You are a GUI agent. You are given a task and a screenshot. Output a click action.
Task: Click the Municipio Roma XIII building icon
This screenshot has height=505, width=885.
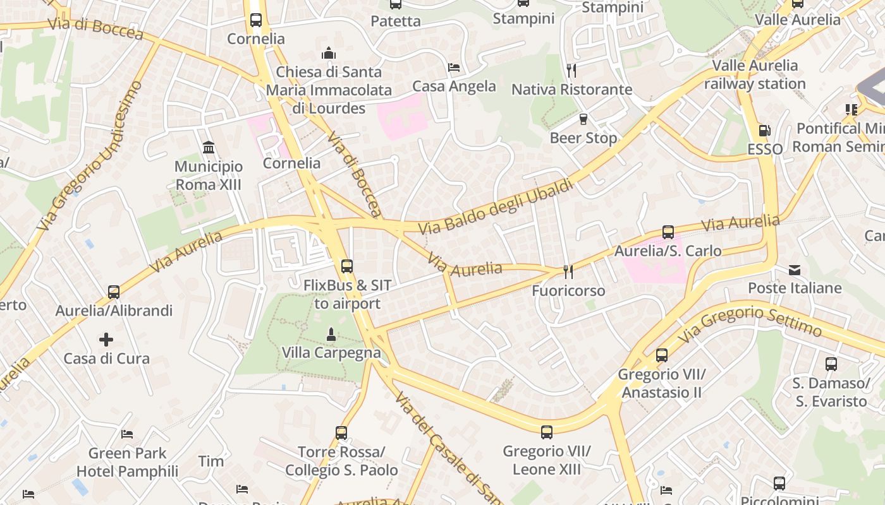coord(208,148)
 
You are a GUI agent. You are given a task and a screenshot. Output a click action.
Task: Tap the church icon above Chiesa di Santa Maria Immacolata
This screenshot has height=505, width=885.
coord(329,53)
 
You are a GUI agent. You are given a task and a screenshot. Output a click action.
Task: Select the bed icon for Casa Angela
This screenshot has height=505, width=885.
coord(454,67)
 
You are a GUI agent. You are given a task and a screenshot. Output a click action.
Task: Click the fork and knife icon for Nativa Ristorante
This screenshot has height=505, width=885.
coord(571,70)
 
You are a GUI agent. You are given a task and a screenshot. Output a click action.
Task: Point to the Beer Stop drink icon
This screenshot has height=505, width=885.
coord(583,119)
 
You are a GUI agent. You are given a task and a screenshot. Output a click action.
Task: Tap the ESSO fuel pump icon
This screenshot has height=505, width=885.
coord(764,131)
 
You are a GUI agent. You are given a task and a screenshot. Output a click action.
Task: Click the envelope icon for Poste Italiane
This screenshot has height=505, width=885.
coord(795,270)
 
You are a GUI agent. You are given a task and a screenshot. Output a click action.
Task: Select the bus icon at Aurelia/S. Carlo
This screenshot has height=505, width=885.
coord(668,232)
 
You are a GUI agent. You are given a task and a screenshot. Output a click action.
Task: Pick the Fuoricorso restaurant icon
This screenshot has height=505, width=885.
coord(568,271)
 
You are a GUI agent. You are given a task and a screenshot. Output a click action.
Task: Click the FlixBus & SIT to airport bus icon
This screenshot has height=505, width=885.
coord(346,266)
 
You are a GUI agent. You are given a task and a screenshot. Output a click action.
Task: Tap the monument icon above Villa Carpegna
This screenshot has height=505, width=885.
coord(330,333)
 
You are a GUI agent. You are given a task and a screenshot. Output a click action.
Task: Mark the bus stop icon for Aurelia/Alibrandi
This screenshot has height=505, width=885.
coord(114,292)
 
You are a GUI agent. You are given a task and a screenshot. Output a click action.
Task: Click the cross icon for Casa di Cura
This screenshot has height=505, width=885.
coord(106,340)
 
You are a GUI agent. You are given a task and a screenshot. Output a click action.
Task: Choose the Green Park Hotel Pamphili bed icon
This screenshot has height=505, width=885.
coord(127,434)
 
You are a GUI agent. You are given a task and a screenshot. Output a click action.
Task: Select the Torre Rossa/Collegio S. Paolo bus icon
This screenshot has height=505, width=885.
coord(341,433)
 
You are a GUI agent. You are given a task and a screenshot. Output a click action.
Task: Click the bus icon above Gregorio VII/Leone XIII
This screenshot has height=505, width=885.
coord(547,432)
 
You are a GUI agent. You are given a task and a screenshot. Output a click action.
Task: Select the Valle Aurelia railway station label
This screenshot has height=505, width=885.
coord(755,74)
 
